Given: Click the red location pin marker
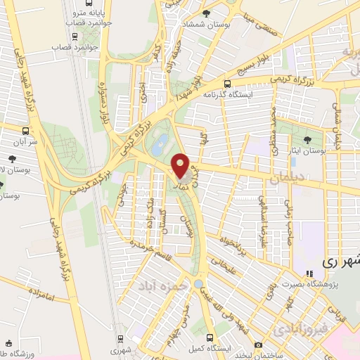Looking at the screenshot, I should (180, 166).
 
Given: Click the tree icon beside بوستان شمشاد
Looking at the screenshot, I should (206, 13).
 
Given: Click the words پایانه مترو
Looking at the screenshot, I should (91, 13).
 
